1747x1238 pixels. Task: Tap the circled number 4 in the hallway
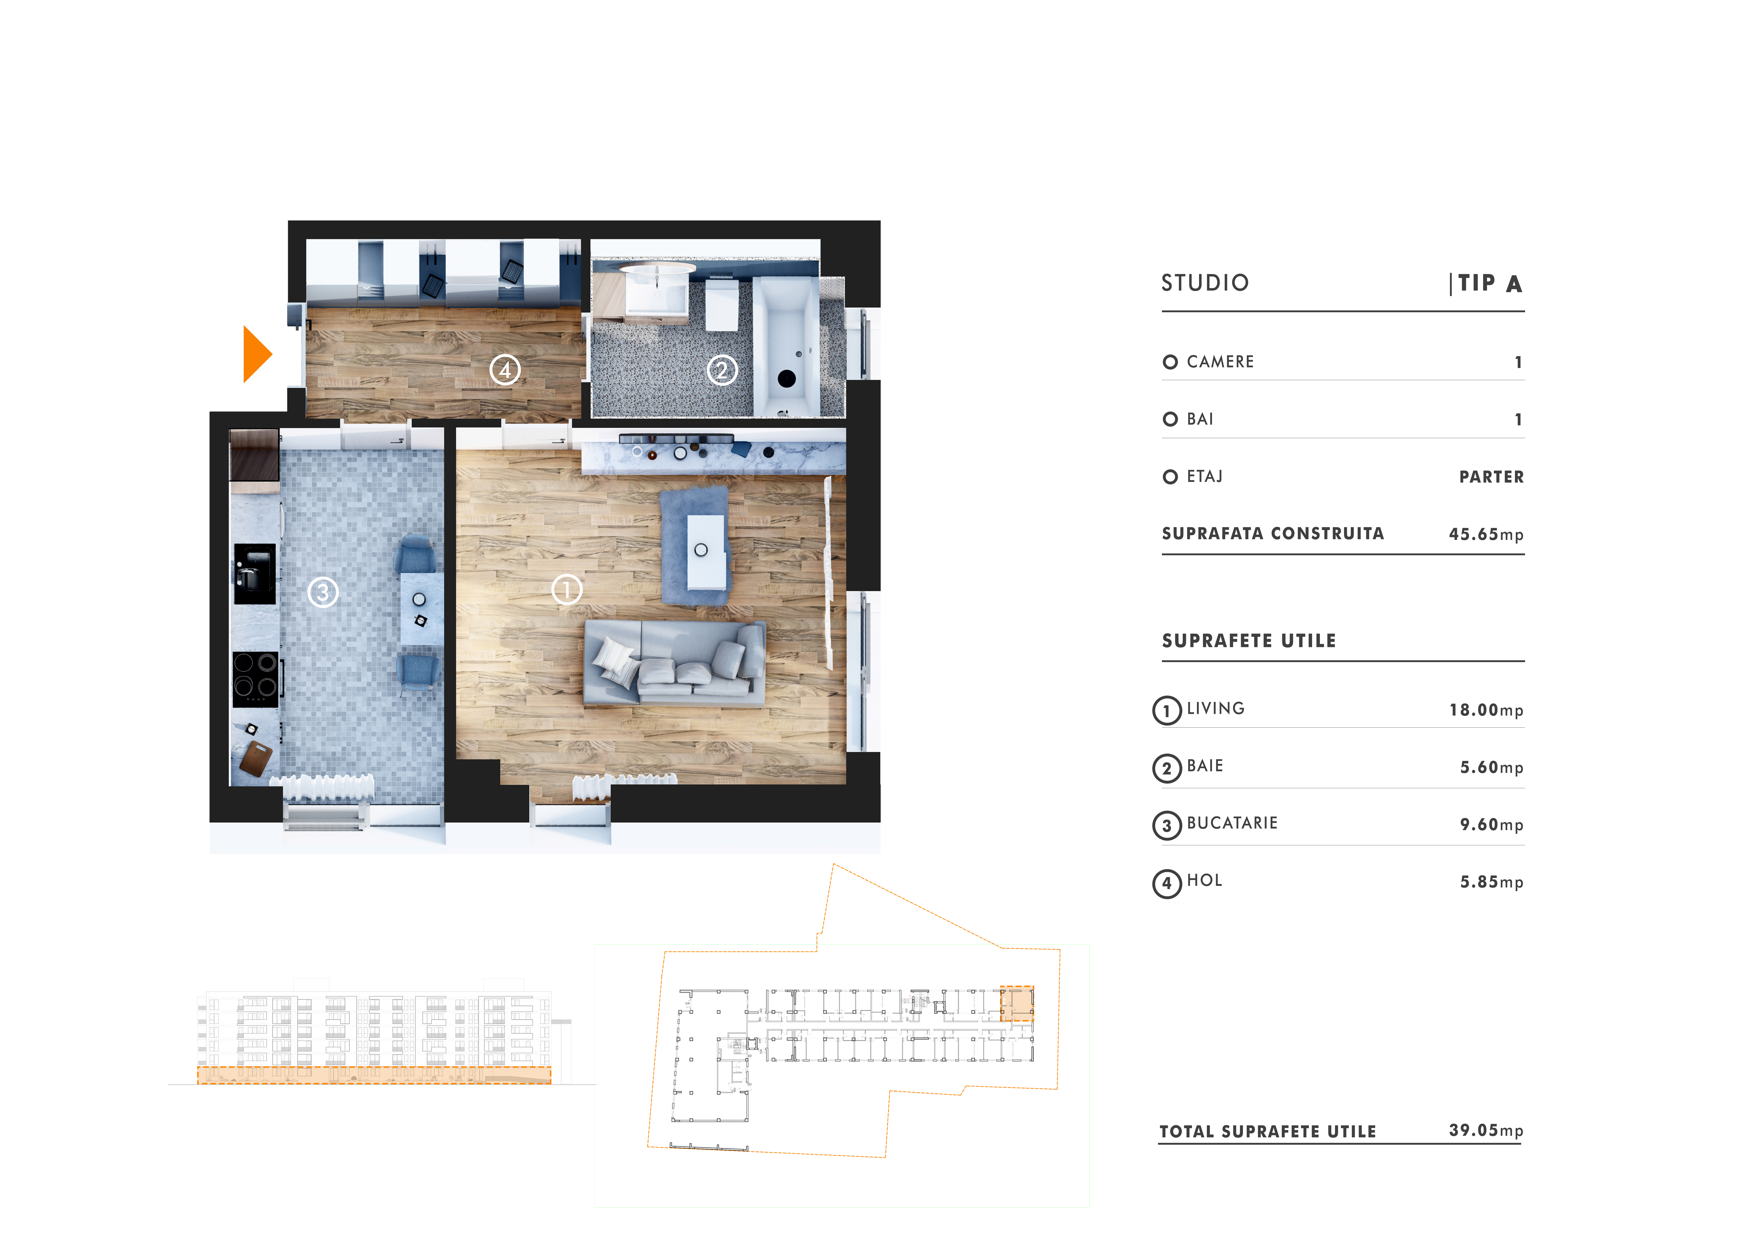505,370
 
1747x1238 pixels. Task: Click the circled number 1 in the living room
566,589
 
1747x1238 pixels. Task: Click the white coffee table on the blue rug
706,552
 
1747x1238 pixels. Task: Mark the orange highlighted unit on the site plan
1017,1003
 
